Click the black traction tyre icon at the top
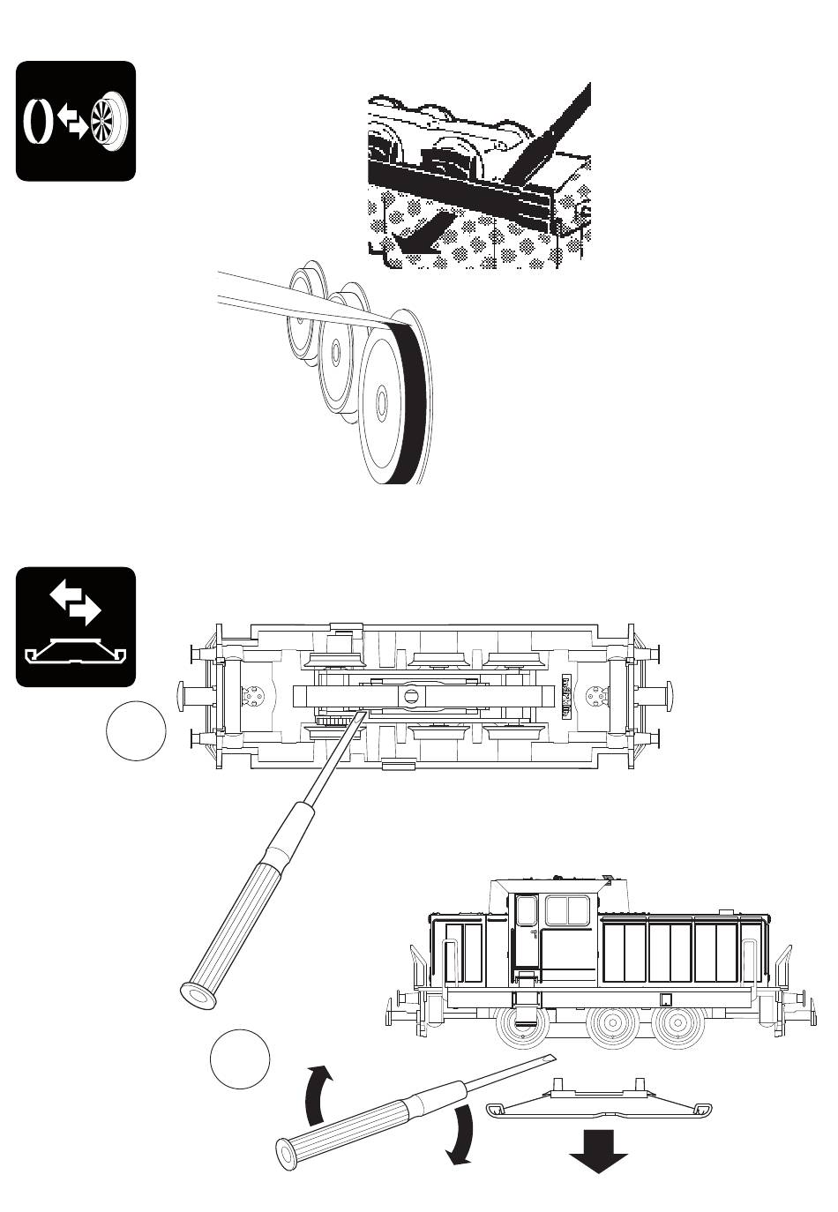pyautogui.click(x=76, y=121)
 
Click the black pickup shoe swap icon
pyautogui.click(x=76, y=626)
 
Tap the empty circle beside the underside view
pyautogui.click(x=136, y=729)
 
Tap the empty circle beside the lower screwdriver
pyautogui.click(x=240, y=1059)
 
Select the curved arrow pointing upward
pyautogui.click(x=318, y=1094)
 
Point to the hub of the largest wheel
pyautogui.click(x=381, y=401)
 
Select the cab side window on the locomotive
pyautogui.click(x=567, y=910)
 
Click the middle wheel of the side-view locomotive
pyautogui.click(x=611, y=1026)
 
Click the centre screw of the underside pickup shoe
pyautogui.click(x=411, y=696)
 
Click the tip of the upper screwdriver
pyautogui.click(x=363, y=714)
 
